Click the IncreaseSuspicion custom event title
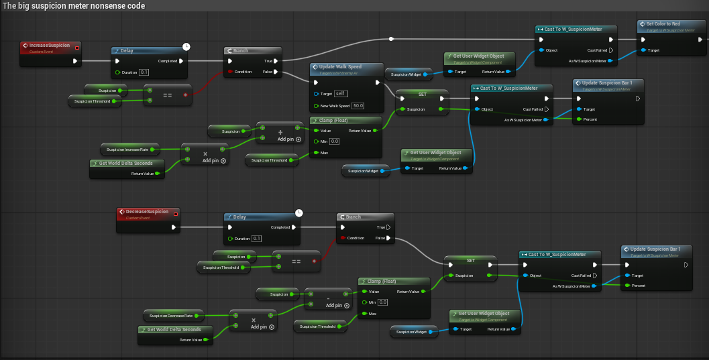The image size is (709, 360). [50, 46]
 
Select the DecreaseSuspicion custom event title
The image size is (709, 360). [147, 212]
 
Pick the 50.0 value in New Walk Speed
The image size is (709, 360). [358, 105]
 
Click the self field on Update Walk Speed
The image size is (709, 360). [341, 93]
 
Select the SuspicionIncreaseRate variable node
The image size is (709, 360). [127, 149]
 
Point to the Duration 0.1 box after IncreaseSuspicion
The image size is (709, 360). [144, 72]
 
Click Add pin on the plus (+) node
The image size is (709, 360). [280, 139]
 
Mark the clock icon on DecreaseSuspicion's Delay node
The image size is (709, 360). [299, 213]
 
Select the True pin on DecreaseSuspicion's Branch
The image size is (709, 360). [387, 227]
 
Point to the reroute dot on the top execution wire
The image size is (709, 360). [392, 39]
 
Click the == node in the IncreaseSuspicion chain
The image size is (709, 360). [167, 95]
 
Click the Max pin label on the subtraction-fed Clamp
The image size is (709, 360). [372, 314]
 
